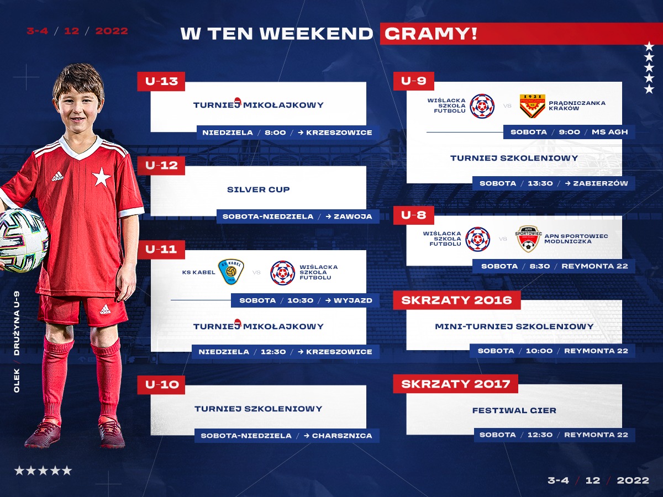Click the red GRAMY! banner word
430,34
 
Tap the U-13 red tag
161,82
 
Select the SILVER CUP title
258,189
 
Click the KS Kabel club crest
231,272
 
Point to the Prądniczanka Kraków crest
532,105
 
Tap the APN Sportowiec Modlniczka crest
528,239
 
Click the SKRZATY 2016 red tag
457,300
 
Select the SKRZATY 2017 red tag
455,384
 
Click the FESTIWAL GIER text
514,410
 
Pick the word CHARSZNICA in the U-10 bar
342,436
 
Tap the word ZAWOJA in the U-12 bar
353,216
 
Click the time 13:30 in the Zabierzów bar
540,183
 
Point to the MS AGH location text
609,132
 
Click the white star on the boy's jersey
101,177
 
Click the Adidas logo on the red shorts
105,309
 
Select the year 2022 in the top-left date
112,31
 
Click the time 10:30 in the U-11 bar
300,300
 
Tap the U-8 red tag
413,215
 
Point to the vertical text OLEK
17,380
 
